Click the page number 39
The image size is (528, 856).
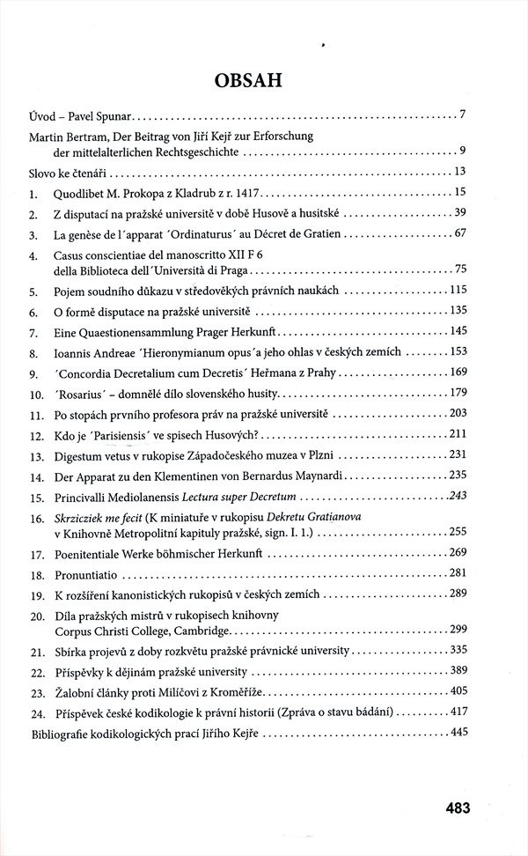[458, 214]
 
